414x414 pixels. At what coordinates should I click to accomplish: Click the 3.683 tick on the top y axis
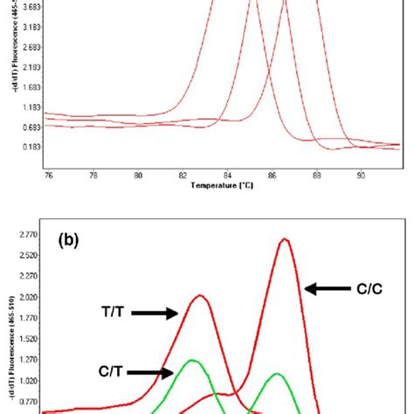29,5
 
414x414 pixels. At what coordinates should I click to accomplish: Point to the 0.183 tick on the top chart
29,148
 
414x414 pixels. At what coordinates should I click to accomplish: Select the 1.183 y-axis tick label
29,107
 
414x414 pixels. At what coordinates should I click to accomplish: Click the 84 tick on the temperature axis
228,175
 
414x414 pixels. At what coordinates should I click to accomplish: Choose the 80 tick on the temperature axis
138,175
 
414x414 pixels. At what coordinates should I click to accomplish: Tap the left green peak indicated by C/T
193,360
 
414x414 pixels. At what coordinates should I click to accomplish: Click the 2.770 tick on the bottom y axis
29,236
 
